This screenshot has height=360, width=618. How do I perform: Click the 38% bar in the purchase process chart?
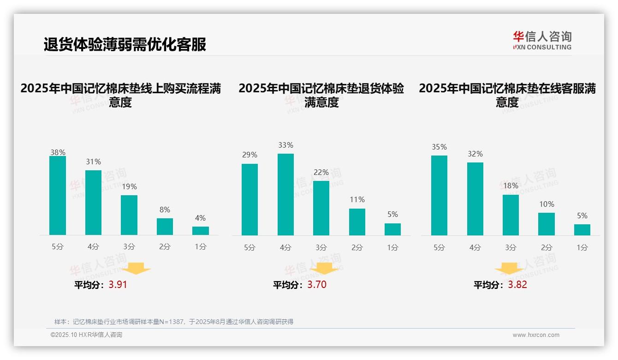pyautogui.click(x=58, y=196)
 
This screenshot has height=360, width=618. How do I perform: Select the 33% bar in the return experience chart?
pyautogui.click(x=285, y=194)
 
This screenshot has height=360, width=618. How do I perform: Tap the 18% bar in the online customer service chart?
pyautogui.click(x=511, y=215)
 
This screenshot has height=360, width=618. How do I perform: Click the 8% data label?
pyautogui.click(x=165, y=210)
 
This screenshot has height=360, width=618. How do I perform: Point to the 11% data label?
pyautogui.click(x=357, y=200)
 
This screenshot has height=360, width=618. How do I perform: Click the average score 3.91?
pyautogui.click(x=118, y=285)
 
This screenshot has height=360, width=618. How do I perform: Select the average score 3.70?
pyautogui.click(x=317, y=285)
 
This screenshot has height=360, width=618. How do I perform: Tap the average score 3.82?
pyautogui.click(x=517, y=285)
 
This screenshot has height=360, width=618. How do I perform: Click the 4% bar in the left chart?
pyautogui.click(x=201, y=231)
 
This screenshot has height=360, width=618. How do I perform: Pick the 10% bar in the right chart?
pyautogui.click(x=547, y=224)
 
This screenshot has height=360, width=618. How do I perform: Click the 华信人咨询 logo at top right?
pyautogui.click(x=542, y=40)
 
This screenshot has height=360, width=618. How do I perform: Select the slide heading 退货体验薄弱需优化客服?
pyautogui.click(x=125, y=44)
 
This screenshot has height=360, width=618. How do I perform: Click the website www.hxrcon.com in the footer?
pyautogui.click(x=536, y=335)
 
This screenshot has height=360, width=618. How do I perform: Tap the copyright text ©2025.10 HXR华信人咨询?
pyautogui.click(x=86, y=335)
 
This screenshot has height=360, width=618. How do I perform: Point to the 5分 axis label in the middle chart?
pyautogui.click(x=250, y=247)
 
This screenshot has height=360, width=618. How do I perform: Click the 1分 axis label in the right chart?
pyautogui.click(x=582, y=247)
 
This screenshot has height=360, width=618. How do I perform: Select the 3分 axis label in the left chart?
pyautogui.click(x=129, y=247)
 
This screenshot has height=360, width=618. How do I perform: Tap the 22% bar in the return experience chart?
pyautogui.click(x=321, y=208)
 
